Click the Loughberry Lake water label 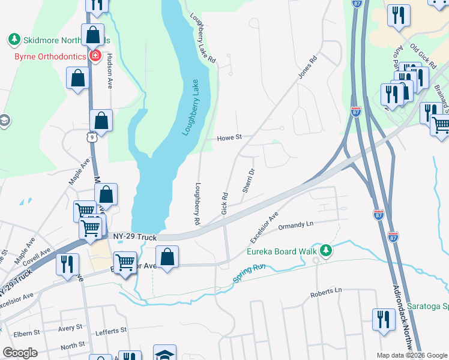point(191,107)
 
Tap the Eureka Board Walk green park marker point(326,249)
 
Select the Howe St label point(230,137)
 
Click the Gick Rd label point(224,203)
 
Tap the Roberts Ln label point(325,291)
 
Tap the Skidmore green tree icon point(13,40)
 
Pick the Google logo point(20,352)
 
